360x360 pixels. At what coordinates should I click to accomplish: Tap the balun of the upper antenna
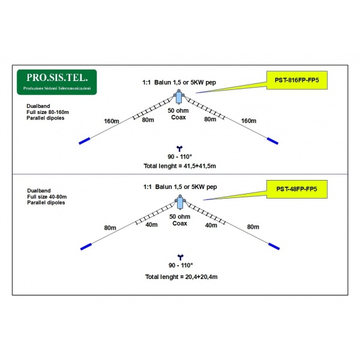pos(179,97)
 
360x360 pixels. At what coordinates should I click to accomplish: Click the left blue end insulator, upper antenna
pos(84,141)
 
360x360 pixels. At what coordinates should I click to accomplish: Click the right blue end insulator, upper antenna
pos(273,141)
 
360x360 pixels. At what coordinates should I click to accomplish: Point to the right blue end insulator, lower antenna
pos(274,245)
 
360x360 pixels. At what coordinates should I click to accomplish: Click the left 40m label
pos(151,225)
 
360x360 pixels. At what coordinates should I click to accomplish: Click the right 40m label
pos(211,225)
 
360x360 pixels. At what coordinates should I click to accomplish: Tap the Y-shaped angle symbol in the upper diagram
pos(179,148)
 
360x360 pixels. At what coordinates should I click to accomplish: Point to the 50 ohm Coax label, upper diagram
pos(179,114)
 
